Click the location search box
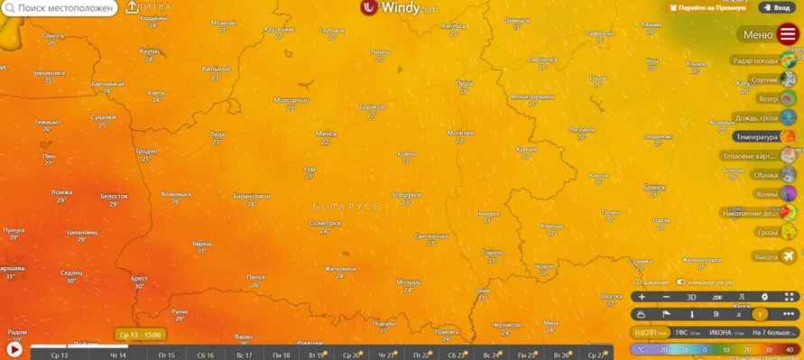click(x=61, y=8)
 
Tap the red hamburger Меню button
click(x=788, y=35)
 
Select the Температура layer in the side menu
click(x=756, y=137)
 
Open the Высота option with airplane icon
click(x=766, y=257)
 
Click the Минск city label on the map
click(x=326, y=134)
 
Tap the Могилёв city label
click(x=459, y=133)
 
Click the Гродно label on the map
click(x=146, y=152)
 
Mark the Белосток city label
click(x=114, y=196)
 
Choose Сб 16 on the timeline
click(x=205, y=355)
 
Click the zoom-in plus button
click(x=642, y=297)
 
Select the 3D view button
click(x=691, y=297)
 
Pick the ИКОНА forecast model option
click(x=720, y=332)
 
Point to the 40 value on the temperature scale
click(x=790, y=349)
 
